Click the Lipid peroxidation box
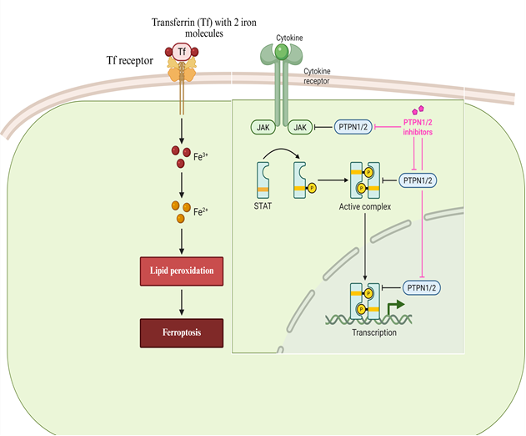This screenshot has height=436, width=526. (183, 272)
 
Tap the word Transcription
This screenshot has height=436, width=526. (368, 332)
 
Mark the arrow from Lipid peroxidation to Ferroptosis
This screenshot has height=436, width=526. (183, 302)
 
